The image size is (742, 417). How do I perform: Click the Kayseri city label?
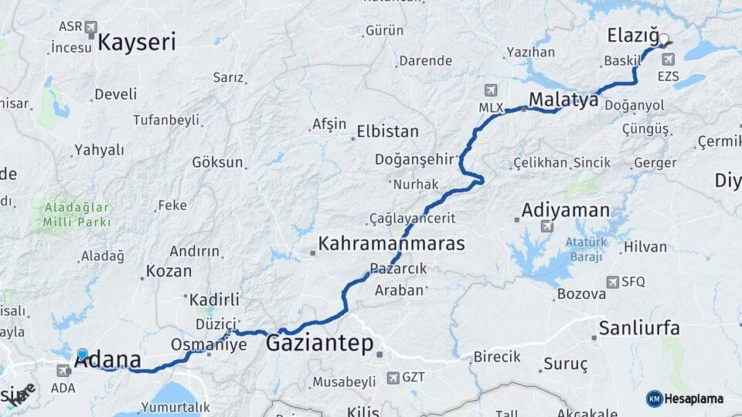137,42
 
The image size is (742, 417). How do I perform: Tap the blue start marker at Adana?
83,354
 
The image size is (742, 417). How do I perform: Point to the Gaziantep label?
319,343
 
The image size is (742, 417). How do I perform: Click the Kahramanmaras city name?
391,244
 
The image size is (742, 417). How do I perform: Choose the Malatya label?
564,99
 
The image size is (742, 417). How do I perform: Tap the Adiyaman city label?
565,210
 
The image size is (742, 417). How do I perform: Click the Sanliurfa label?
639,328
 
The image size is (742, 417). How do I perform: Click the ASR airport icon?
91,28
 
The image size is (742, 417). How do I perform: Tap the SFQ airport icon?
613,282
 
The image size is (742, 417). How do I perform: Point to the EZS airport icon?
668,59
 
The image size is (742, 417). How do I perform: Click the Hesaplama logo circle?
654,398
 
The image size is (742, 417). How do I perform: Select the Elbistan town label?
387,131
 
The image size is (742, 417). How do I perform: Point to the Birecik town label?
496,358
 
